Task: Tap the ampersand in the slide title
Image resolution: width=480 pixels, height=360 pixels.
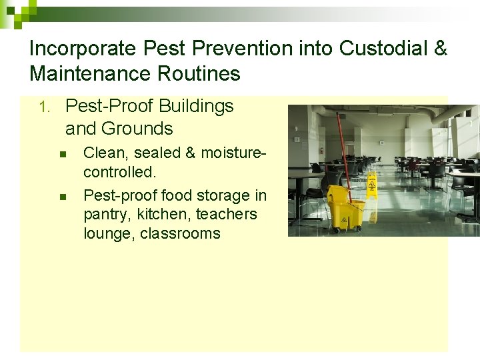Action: click(440, 49)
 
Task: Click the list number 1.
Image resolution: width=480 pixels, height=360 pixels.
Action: click(43, 107)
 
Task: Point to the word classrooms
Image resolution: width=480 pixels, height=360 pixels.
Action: click(180, 233)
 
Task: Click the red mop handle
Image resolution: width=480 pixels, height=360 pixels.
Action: click(341, 147)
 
